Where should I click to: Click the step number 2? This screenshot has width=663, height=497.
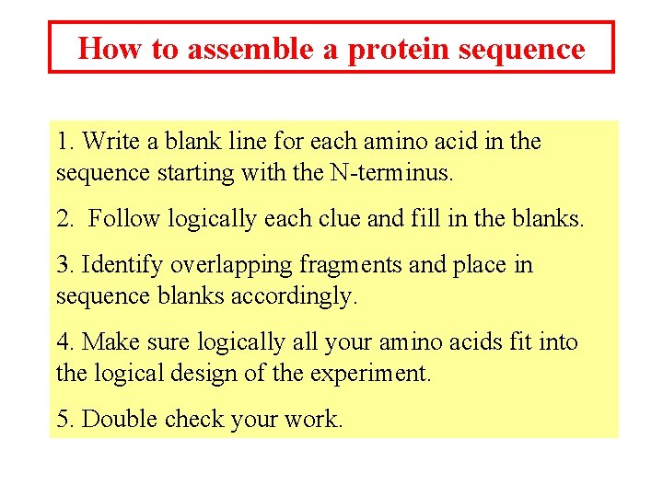click(64, 219)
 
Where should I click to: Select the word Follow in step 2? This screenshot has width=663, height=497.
click(122, 219)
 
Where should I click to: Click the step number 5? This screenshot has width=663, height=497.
click(63, 420)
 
